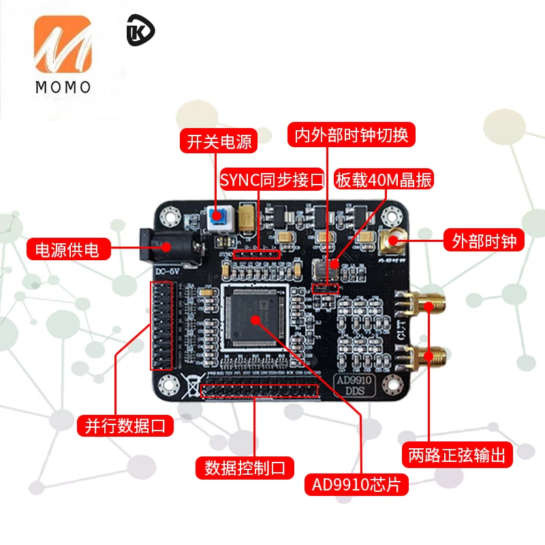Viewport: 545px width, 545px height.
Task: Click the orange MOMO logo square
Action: (62, 46)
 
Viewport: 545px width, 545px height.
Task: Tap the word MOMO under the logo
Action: (62, 87)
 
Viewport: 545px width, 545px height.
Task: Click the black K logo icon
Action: (140, 33)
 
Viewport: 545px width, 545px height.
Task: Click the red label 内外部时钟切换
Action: (351, 134)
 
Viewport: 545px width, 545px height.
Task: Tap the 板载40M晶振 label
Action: (384, 180)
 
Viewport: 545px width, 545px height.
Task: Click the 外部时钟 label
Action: (484, 240)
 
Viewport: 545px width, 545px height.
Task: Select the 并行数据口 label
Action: (125, 426)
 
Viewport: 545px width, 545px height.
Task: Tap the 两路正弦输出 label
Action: (457, 455)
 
